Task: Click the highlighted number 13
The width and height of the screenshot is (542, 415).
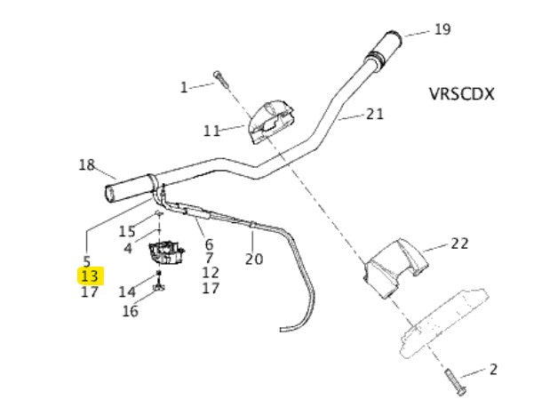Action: pos(90,276)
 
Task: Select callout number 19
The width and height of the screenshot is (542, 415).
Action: pos(442,30)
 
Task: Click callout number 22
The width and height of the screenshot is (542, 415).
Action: pos(459,243)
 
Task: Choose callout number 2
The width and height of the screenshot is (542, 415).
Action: pos(492,370)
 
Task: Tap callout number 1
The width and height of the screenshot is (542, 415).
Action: pos(184,87)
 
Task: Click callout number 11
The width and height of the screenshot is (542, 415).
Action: pos(211,131)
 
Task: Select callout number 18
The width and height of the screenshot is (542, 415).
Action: pos(86,164)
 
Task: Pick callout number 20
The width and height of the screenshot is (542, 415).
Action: pos(254,259)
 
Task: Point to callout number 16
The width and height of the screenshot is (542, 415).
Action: pos(131,311)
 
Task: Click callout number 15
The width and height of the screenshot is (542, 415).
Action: pos(128,231)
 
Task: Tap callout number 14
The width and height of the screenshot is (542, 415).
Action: pos(127,291)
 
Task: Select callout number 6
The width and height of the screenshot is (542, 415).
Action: pos(209,244)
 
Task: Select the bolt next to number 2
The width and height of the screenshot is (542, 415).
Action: pos(452,380)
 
